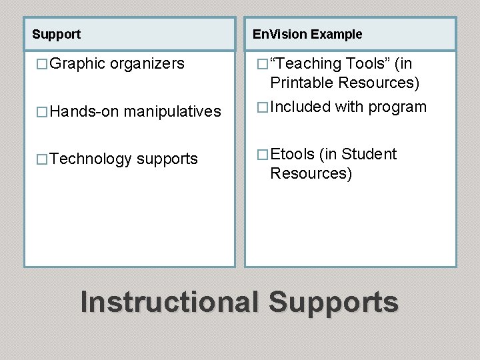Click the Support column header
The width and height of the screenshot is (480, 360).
pos(56,34)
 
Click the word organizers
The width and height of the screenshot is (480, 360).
pos(147,64)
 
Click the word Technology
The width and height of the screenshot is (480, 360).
pos(90,159)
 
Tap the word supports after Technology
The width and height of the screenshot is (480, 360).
pos(167,159)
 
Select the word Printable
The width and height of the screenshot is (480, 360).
pos(302,83)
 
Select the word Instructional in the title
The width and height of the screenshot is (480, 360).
pos(169,301)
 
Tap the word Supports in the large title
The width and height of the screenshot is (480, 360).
pos(333,301)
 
